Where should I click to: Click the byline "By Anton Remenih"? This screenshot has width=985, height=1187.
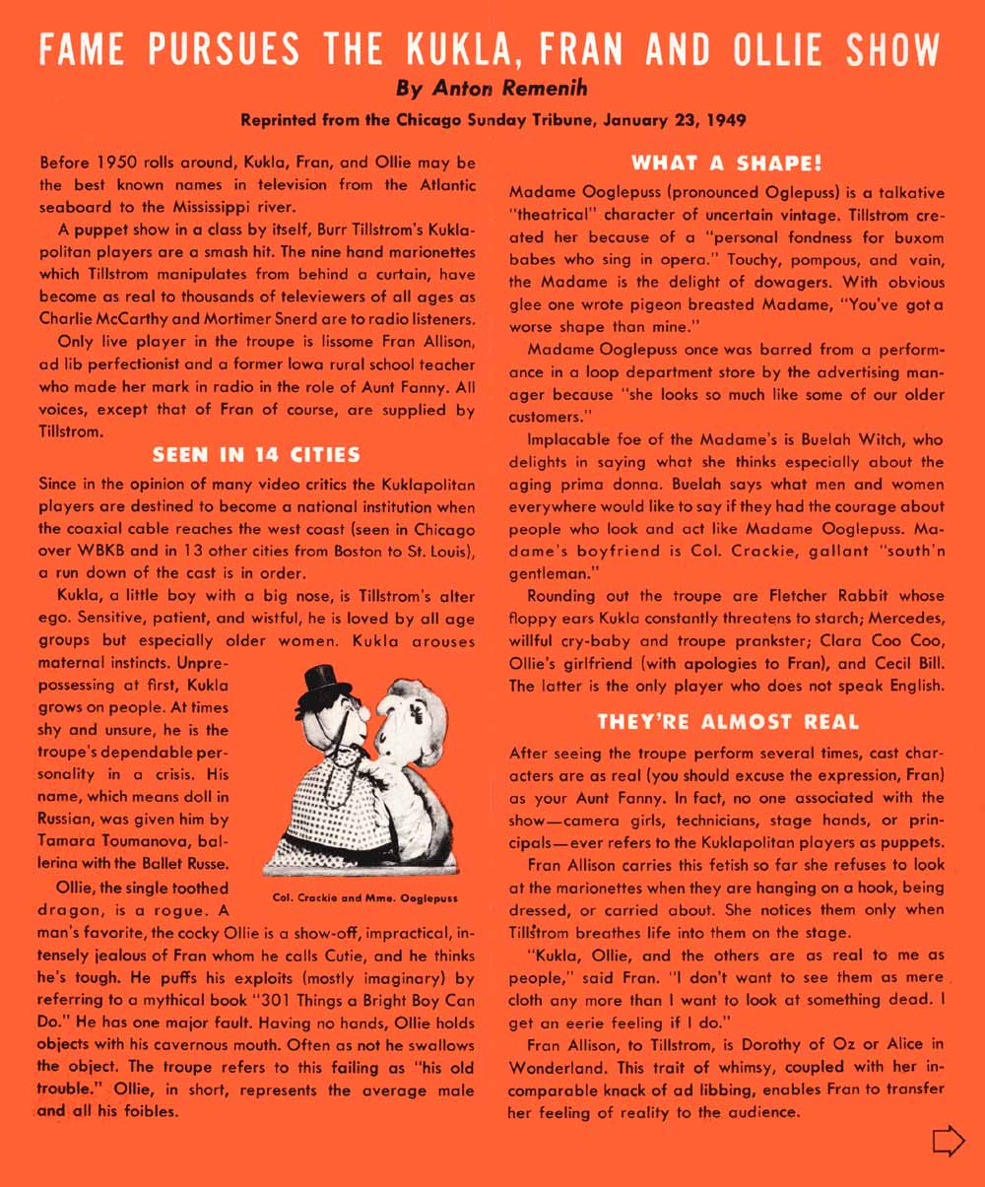(x=492, y=89)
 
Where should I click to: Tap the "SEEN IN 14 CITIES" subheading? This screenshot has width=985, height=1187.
(x=256, y=454)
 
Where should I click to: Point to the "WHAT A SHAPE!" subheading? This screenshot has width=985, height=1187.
(x=727, y=162)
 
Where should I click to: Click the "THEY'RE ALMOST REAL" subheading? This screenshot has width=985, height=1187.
(x=727, y=722)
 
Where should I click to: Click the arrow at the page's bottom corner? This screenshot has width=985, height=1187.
(x=948, y=1141)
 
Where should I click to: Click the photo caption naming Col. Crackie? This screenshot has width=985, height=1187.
(x=364, y=898)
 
